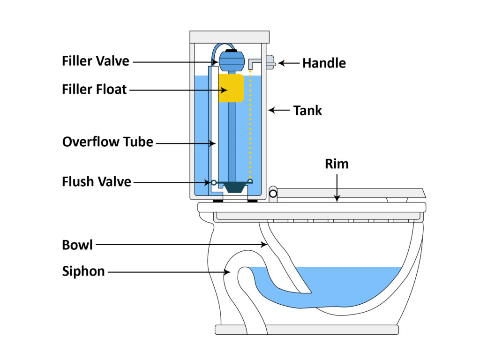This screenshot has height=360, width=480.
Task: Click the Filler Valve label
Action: (x=95, y=61)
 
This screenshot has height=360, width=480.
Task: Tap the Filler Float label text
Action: (x=94, y=89)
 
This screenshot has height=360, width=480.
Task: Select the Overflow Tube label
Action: (x=108, y=142)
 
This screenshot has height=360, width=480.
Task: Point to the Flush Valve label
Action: (x=97, y=181)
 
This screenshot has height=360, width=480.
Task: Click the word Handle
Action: (x=324, y=63)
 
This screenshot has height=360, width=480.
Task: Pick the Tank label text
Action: (x=307, y=111)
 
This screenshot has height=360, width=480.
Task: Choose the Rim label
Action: (x=337, y=165)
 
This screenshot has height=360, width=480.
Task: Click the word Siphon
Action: (x=83, y=271)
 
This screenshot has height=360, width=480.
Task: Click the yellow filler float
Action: (x=231, y=88)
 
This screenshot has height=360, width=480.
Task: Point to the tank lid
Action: (x=229, y=37)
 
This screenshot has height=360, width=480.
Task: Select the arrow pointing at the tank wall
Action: (x=278, y=111)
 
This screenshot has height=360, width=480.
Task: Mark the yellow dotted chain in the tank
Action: (x=250, y=127)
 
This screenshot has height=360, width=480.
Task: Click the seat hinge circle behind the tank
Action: (x=273, y=193)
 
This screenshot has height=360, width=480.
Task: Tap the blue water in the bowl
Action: (x=337, y=286)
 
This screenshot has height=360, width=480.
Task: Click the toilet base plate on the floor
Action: (x=307, y=330)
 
